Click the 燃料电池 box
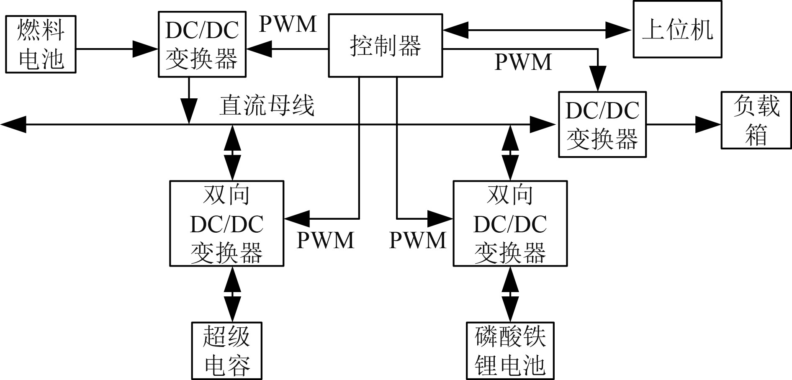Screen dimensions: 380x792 (x=41, y=44)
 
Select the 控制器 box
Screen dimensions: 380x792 (x=385, y=45)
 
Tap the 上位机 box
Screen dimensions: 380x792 (x=677, y=29)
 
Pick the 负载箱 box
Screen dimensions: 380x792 (x=756, y=120)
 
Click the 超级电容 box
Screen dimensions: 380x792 (x=226, y=351)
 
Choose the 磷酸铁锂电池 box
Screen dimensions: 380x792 (x=510, y=351)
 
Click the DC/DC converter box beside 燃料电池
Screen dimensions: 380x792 (x=202, y=44)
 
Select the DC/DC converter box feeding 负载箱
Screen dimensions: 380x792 (x=602, y=124)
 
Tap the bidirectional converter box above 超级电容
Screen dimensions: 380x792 (x=226, y=223)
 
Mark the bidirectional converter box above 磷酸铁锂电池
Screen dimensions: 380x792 (x=510, y=223)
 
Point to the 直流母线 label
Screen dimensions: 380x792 (x=267, y=105)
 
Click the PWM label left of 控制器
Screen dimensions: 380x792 (x=288, y=24)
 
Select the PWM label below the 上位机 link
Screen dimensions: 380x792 (x=523, y=62)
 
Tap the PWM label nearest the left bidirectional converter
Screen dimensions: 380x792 (x=325, y=240)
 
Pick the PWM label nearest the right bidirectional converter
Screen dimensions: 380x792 (x=417, y=240)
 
